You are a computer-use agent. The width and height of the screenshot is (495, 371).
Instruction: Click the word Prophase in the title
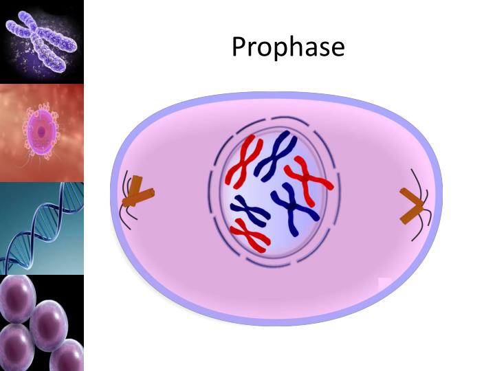288,47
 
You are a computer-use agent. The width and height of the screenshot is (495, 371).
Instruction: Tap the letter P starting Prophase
239,47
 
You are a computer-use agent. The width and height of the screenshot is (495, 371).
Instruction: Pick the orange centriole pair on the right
413,207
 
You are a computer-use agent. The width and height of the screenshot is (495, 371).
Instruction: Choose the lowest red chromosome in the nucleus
249,234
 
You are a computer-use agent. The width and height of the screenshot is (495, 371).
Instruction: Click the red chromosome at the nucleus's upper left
244,162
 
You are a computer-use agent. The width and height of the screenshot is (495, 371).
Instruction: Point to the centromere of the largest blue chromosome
294,205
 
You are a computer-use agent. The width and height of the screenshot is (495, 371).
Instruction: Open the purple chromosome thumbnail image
42,41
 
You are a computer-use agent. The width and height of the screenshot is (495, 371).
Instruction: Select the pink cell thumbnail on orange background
42,132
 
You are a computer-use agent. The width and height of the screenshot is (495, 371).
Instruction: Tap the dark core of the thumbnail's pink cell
42,130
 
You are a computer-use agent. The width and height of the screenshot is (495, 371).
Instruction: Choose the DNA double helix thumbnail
42,228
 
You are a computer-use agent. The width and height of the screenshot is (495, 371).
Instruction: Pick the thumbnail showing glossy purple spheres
42,323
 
